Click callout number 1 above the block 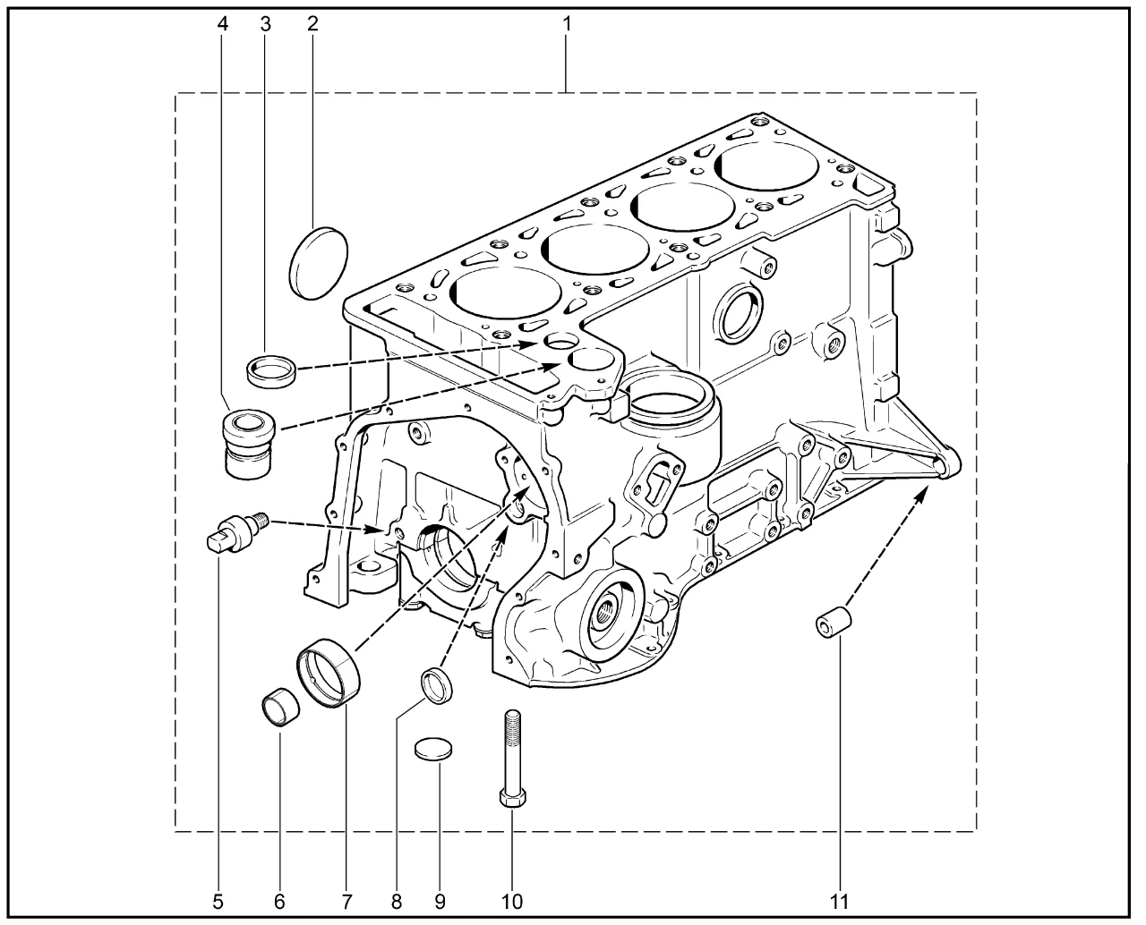click(566, 23)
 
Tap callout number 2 click(312, 23)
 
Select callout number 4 click(222, 23)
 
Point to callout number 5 click(218, 902)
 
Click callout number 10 click(511, 902)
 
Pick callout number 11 click(839, 902)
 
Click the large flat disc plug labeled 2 click(319, 263)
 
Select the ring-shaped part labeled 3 click(271, 369)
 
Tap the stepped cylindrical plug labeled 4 click(249, 444)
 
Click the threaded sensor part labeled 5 click(238, 531)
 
